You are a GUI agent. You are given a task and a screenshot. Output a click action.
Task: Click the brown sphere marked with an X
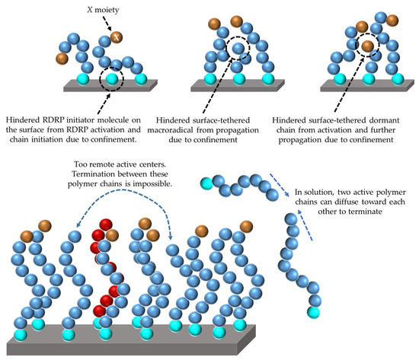click(115, 37)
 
